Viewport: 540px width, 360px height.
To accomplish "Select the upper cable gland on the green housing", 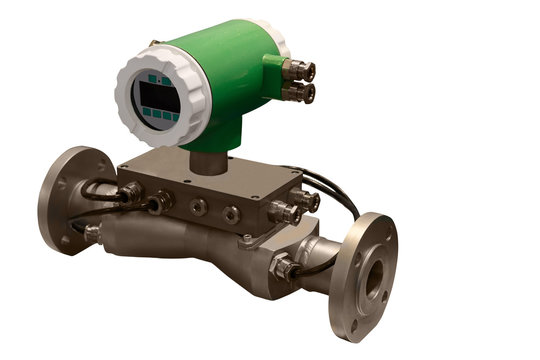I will point(299,70).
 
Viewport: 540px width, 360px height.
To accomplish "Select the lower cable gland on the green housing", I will point(299,93).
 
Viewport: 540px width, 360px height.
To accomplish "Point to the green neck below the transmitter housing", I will point(206,150).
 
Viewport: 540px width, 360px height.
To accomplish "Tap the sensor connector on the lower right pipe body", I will point(284,267).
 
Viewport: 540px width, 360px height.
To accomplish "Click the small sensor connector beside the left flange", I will point(92,234).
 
